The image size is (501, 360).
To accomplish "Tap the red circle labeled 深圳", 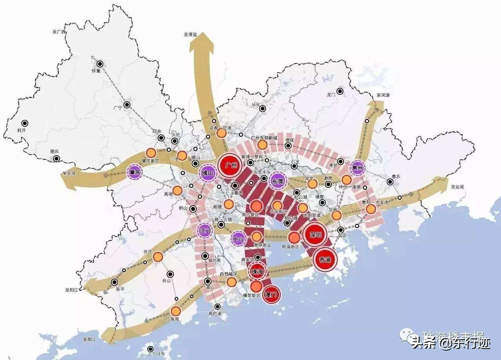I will click(x=315, y=235).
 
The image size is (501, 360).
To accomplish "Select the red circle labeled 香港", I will click(x=325, y=259).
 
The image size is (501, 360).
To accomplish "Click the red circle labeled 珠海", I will click(x=258, y=272).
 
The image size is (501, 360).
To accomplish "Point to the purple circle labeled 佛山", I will click(x=207, y=173).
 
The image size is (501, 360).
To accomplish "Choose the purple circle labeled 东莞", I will click(x=278, y=180).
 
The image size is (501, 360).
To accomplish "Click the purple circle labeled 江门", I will click(x=205, y=230).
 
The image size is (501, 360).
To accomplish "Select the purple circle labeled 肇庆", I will click(x=136, y=172).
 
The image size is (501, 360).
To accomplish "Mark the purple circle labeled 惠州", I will click(x=358, y=168).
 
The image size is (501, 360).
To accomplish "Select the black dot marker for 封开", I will click(x=25, y=123).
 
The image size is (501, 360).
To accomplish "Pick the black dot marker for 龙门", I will click(x=340, y=92).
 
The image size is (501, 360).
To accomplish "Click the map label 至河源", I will click(x=383, y=95).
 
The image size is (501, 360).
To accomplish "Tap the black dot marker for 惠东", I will click(x=390, y=182).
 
